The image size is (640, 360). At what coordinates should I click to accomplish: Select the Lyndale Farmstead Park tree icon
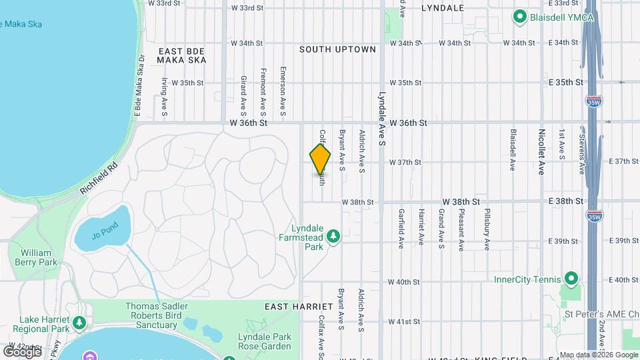pos(333,235)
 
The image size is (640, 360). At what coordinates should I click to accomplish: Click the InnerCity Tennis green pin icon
pos(571,279)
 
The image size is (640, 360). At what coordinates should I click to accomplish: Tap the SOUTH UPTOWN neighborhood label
pos(337,49)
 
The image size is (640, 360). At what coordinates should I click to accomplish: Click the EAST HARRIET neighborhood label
pos(298,306)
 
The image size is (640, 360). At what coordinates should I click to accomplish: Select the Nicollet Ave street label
pos(542,152)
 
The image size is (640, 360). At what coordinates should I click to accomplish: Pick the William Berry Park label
pos(36,257)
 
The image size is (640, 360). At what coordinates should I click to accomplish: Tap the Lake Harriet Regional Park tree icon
pos(80,323)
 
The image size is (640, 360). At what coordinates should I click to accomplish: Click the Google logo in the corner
pos(21,351)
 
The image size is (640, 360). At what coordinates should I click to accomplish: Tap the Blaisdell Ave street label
pos(513,150)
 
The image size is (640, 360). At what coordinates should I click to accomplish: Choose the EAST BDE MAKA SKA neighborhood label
pos(180,55)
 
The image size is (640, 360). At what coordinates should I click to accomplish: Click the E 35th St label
pos(565,82)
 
